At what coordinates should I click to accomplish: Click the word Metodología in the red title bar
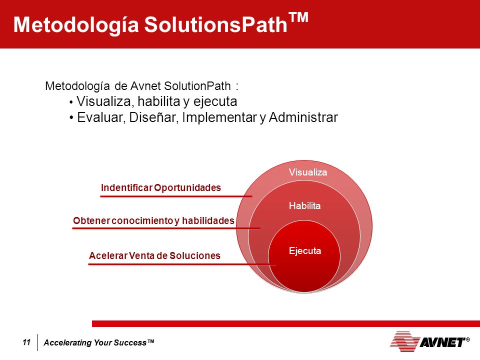pos(76,25)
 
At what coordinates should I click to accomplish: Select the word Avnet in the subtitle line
pos(145,86)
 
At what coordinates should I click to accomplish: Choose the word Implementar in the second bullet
pos(219,117)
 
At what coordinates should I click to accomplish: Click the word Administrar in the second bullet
pos(303,117)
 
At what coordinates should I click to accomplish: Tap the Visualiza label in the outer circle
pos(308,172)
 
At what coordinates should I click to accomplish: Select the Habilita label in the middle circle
pos(304,205)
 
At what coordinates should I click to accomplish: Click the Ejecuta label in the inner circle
pos(305,250)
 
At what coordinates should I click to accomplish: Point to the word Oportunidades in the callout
pos(187,187)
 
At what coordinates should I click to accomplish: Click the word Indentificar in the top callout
pos(126,187)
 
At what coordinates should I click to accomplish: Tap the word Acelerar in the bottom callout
pos(108,255)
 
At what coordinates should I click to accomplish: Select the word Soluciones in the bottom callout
pos(195,255)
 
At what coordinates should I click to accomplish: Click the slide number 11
pos(26,342)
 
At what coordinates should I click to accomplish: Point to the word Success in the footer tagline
pos(130,342)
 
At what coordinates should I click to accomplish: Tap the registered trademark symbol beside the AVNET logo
pos(468,339)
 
